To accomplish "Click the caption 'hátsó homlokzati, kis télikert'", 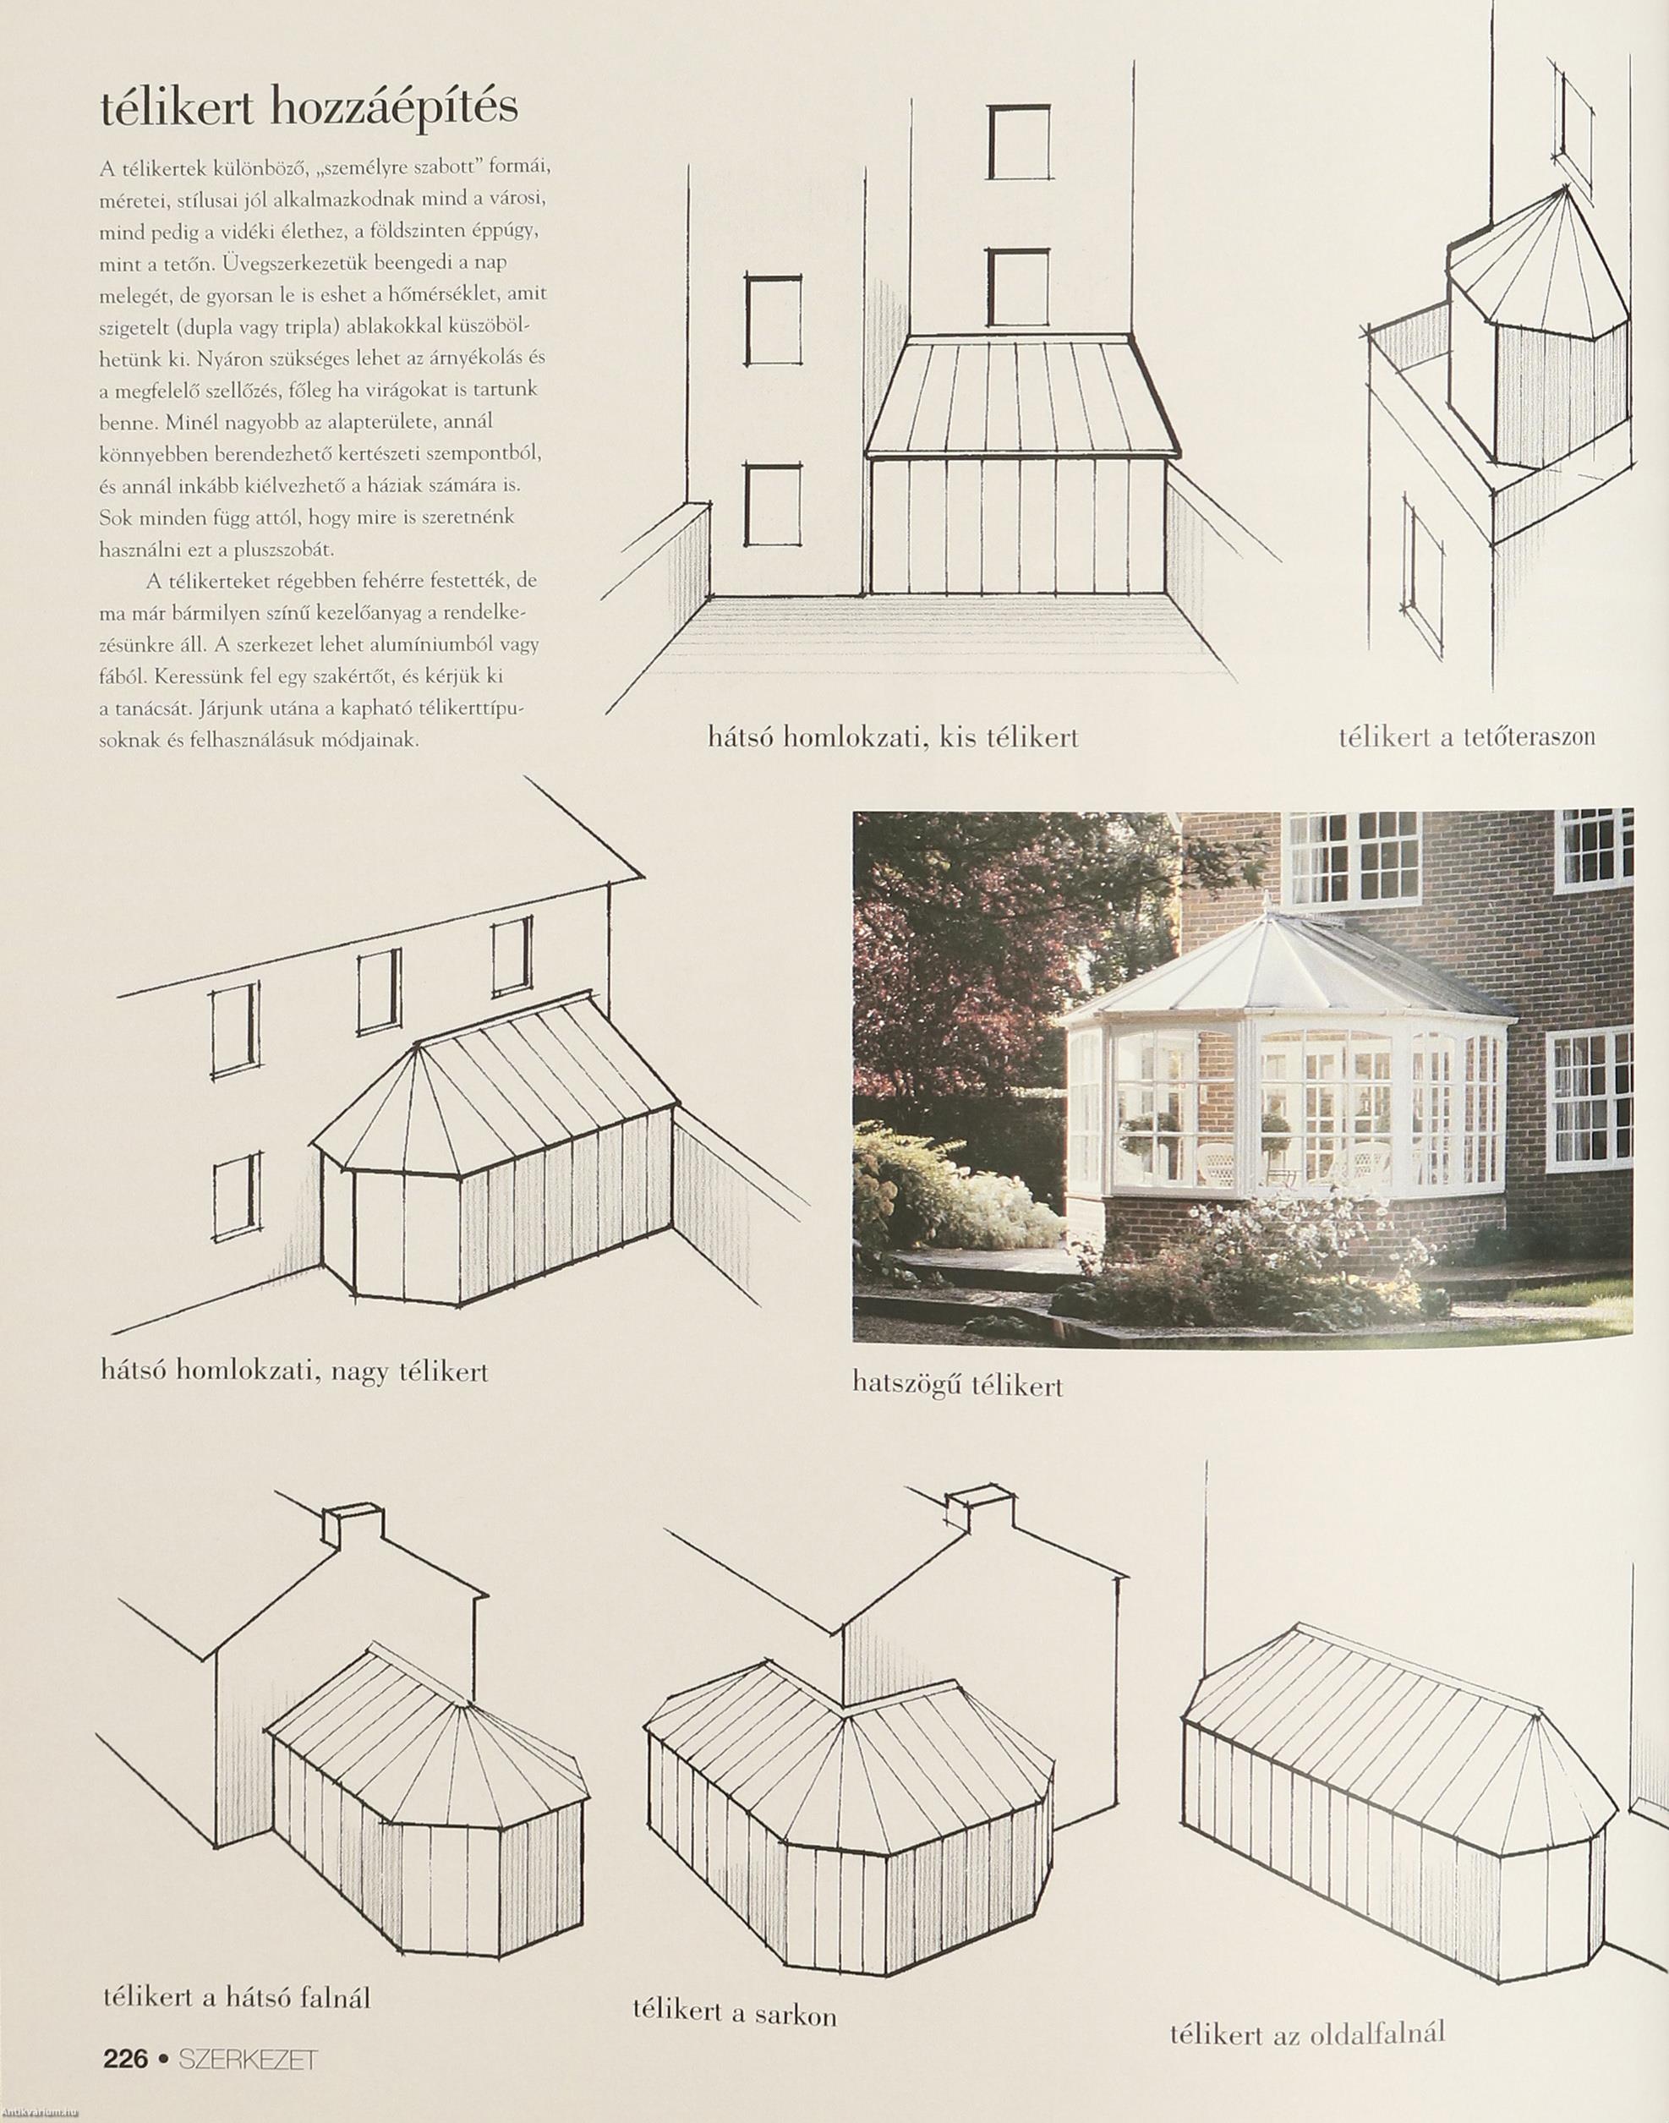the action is coord(893,736).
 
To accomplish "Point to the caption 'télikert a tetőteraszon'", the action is coord(1466,736).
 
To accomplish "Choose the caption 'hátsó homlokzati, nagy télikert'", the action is coord(294,1371).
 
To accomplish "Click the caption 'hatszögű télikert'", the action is coord(958,1386).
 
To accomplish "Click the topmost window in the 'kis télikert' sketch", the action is coord(1018,143).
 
